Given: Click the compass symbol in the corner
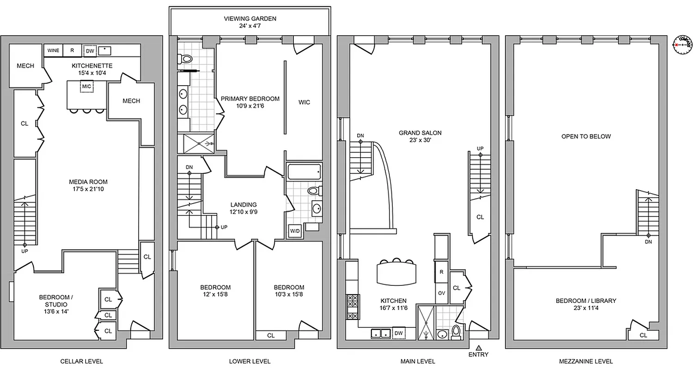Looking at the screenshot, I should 681,44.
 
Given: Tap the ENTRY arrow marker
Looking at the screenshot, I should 479,347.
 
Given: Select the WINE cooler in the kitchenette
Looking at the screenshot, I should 53,50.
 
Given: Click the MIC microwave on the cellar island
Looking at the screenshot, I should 86,86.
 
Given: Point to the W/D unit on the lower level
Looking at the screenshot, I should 294,231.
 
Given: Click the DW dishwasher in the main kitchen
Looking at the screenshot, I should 398,333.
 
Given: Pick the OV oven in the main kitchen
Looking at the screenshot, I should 441,293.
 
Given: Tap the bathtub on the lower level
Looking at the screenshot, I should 304,173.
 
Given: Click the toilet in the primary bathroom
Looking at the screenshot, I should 187,59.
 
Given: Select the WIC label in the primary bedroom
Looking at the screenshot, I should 304,102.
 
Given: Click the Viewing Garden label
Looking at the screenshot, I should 250,19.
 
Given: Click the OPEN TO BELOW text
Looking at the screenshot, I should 586,136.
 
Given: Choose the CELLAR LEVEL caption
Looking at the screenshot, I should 82,361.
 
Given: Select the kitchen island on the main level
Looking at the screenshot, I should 396,273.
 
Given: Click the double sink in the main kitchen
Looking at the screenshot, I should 381,333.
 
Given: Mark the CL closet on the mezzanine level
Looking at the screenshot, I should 644,335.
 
